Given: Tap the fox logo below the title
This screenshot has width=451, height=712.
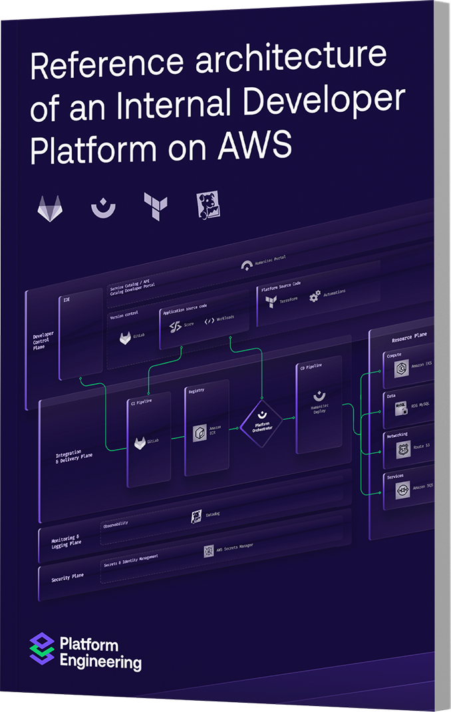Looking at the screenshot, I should click(x=50, y=208).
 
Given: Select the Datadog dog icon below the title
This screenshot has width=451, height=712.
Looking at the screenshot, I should click(x=208, y=206).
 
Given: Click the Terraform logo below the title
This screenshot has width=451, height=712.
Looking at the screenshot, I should click(x=156, y=207).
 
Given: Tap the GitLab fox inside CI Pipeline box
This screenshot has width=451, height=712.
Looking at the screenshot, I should click(x=141, y=443).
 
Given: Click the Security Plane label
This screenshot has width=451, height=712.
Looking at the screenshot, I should click(x=68, y=578).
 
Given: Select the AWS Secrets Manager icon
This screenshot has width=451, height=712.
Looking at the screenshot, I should click(x=208, y=552).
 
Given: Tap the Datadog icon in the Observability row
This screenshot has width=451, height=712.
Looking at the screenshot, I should click(x=196, y=516).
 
